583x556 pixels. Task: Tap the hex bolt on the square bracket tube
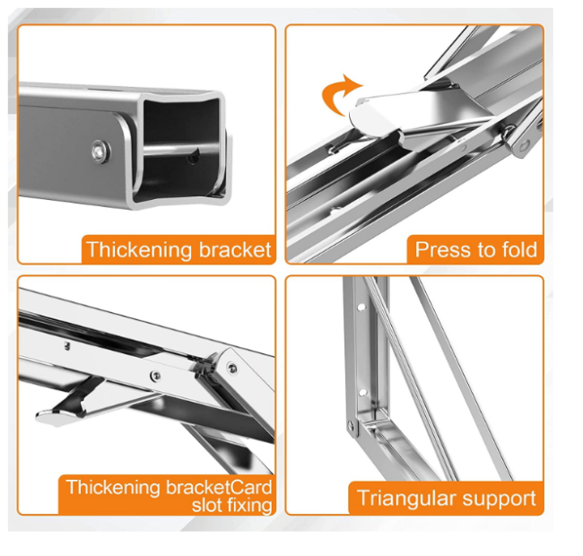100,152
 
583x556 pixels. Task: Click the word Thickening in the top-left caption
139,250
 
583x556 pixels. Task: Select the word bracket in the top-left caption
235,249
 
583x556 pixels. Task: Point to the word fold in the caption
519,249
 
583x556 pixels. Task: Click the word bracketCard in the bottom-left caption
219,487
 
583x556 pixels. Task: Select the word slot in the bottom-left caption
206,506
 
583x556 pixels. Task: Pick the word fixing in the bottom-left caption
249,506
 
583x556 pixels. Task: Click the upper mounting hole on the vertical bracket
361,308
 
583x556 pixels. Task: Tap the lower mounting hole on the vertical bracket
362,392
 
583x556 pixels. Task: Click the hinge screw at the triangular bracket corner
351,424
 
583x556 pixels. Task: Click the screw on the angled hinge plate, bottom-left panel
232,368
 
